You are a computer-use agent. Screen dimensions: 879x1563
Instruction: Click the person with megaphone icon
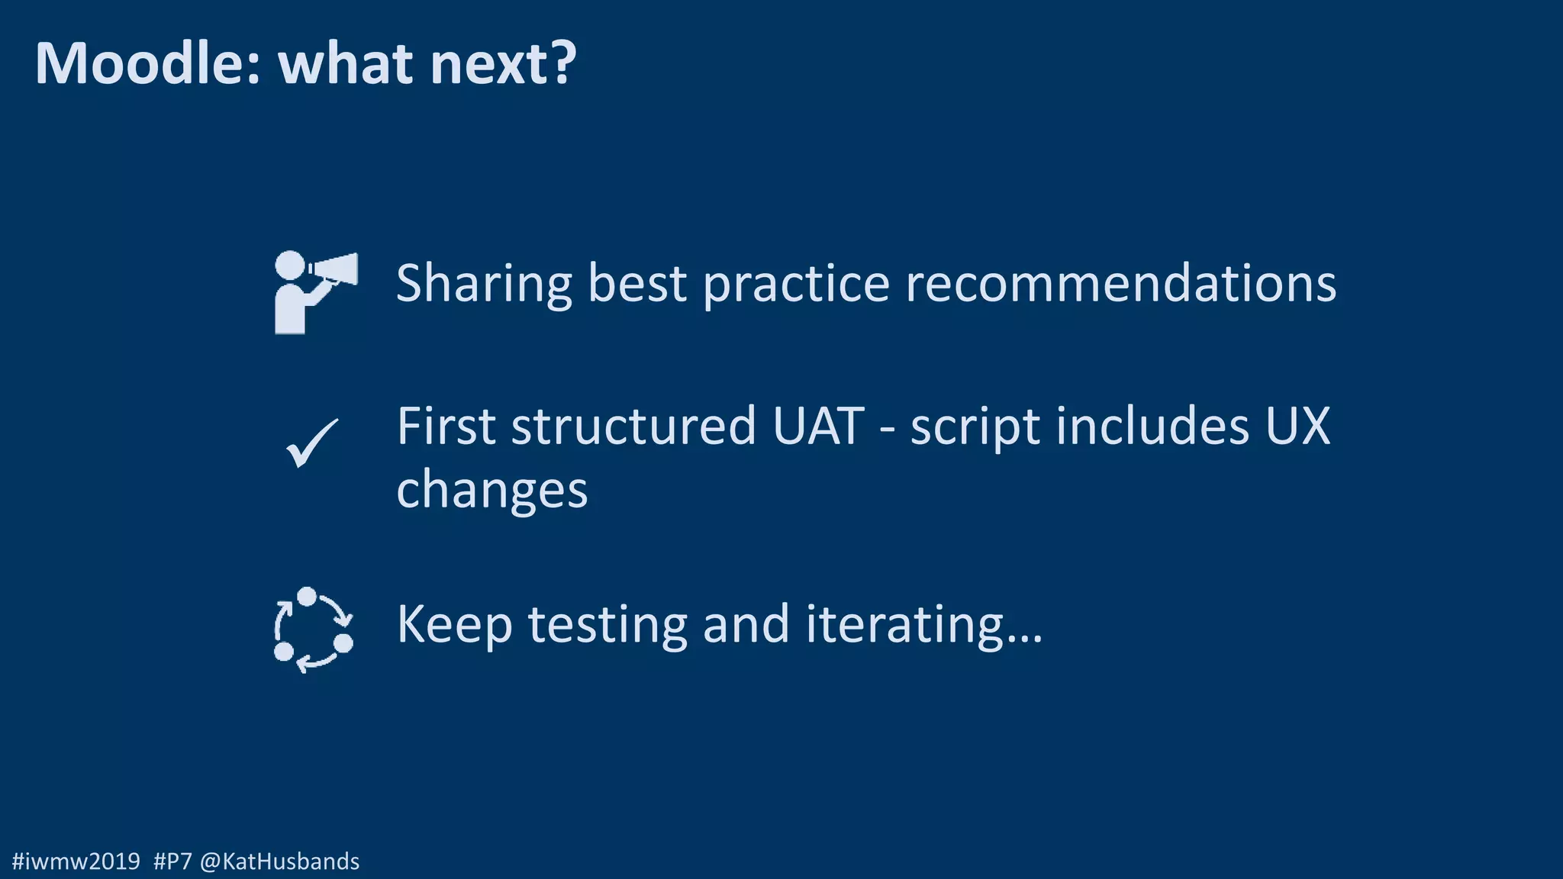(x=314, y=292)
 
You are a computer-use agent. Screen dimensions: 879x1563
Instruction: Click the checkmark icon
(x=311, y=443)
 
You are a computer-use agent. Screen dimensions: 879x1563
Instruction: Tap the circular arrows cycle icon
(x=313, y=629)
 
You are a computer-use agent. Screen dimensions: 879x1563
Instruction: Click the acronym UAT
(x=817, y=427)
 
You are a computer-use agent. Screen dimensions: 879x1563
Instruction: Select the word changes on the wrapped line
(x=492, y=491)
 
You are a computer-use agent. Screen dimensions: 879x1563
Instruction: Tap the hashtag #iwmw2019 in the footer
(x=76, y=861)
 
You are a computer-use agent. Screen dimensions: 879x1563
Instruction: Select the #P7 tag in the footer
(x=172, y=861)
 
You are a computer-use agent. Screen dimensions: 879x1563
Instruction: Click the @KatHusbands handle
(x=279, y=861)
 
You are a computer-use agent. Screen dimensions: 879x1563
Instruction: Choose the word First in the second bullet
(x=446, y=427)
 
